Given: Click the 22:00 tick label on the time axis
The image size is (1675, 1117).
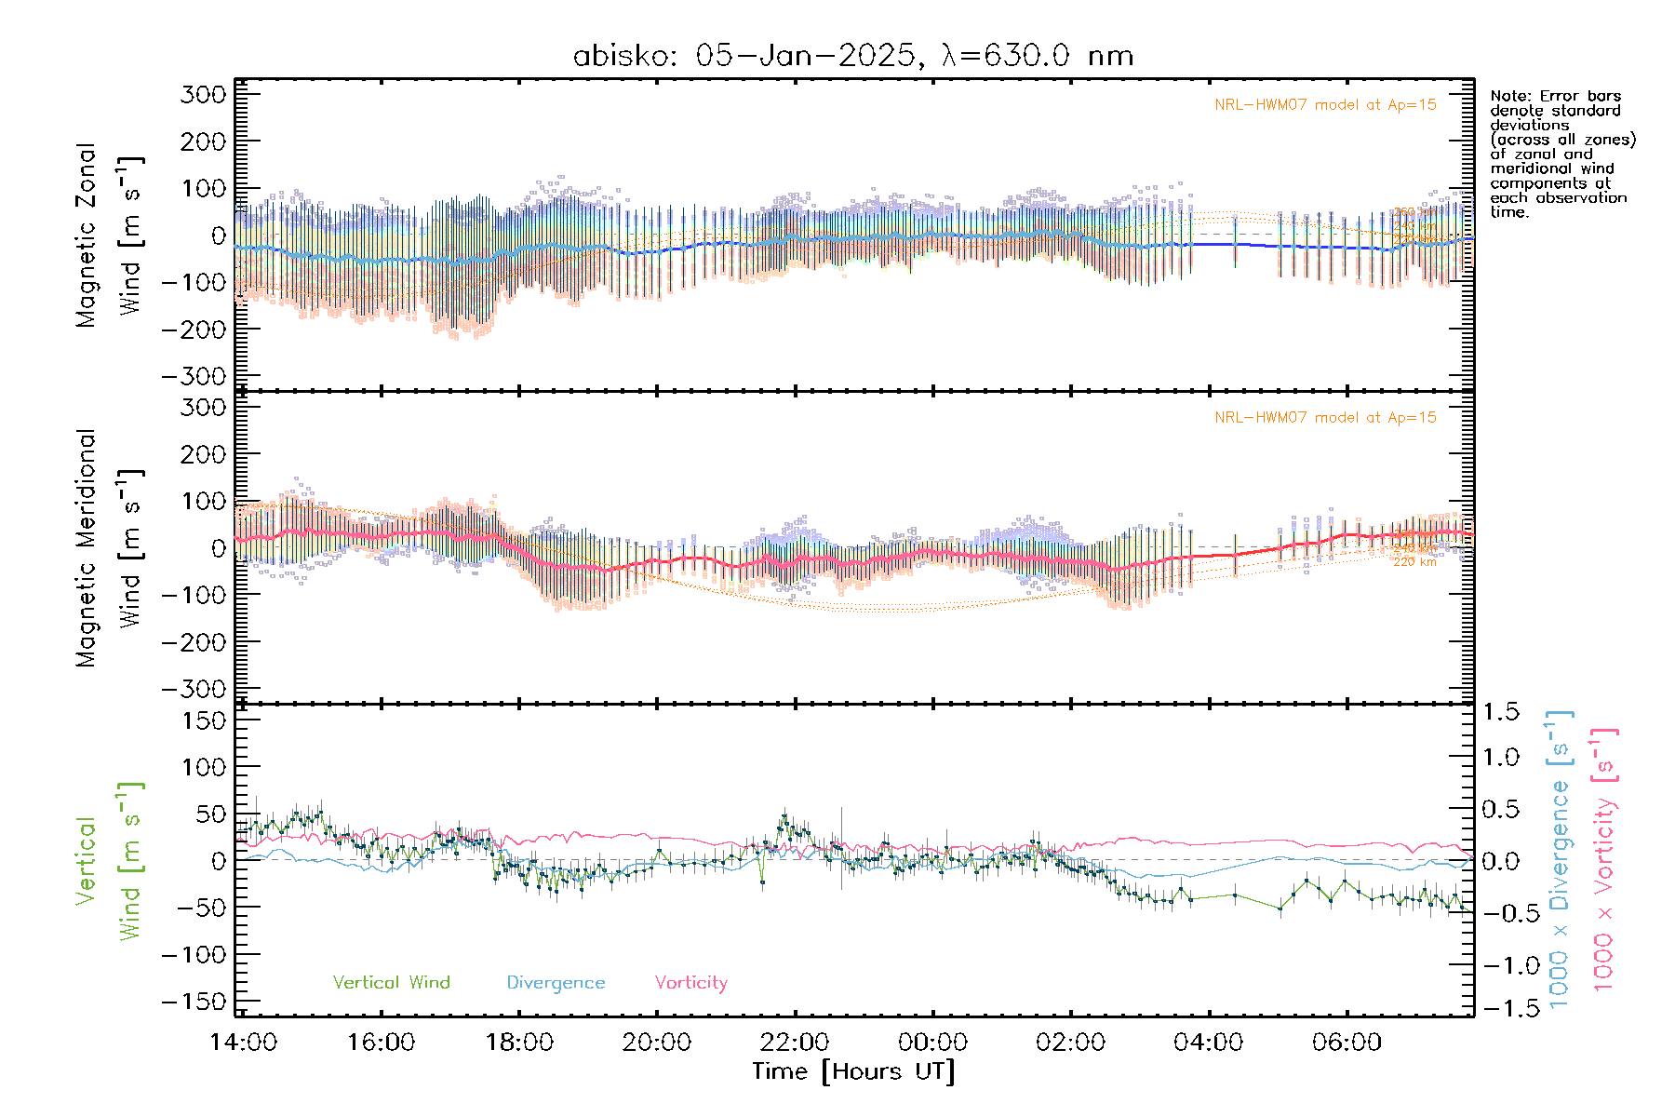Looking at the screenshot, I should pyautogui.click(x=795, y=1042).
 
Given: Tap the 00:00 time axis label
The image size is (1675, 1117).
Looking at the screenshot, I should pyautogui.click(x=932, y=1042).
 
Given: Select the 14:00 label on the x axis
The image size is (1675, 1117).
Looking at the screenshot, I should pyautogui.click(x=243, y=1042).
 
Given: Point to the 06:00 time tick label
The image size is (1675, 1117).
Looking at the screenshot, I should pyautogui.click(x=1347, y=1042).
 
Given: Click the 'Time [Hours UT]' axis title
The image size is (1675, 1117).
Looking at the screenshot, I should pyautogui.click(x=853, y=1071).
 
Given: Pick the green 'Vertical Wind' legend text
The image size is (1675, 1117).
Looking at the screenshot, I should pyautogui.click(x=391, y=982).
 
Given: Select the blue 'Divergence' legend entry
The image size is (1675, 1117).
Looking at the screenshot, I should pyautogui.click(x=556, y=982).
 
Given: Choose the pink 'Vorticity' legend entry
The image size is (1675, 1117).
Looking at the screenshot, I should pyautogui.click(x=690, y=982).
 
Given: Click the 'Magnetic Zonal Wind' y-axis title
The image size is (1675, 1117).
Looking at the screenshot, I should pyautogui.click(x=110, y=235).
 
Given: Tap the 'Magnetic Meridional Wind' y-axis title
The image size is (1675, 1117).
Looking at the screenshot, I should pyautogui.click(x=110, y=547).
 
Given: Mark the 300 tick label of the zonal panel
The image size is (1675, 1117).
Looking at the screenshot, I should pyautogui.click(x=204, y=94).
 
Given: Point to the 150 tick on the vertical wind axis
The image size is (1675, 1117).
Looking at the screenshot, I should pyautogui.click(x=204, y=720).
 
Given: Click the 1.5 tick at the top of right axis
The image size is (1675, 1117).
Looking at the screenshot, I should pyautogui.click(x=1501, y=712).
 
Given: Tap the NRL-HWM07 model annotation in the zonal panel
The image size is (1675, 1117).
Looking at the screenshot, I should pyautogui.click(x=1325, y=105).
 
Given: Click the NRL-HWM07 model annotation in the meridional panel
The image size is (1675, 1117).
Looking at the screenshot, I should pyautogui.click(x=1325, y=418).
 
